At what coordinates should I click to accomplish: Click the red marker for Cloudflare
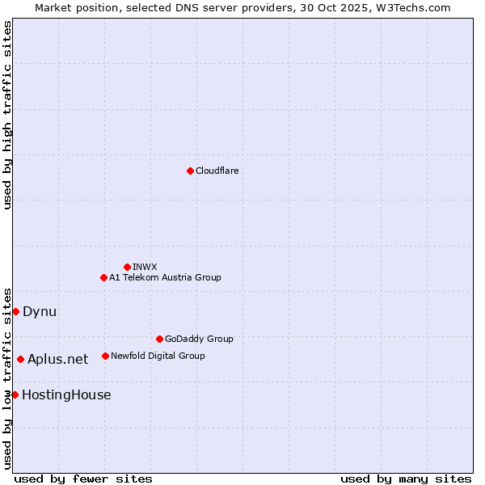coord(190,171)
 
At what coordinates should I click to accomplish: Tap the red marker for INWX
coord(127,267)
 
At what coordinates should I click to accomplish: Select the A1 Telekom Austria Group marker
coord(103,277)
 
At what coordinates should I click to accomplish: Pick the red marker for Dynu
coord(15,311)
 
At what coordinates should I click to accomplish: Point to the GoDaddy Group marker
coord(159,339)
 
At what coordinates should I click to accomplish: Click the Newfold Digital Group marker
coord(105,356)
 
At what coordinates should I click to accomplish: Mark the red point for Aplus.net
coord(20,359)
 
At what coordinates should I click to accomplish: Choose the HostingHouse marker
coord(15,394)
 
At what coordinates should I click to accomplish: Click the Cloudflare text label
coord(217,171)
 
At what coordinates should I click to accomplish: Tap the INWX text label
coord(145,267)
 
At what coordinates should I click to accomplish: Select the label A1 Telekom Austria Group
coord(165,277)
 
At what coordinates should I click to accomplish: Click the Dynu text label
coord(40,311)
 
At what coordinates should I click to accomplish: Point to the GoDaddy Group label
coord(199,339)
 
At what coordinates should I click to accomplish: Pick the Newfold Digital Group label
coord(158,356)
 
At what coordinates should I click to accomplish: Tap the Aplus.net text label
coord(57,359)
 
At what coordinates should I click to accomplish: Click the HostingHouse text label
coord(66,394)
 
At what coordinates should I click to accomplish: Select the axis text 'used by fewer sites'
coord(83,479)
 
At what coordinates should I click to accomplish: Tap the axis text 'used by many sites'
coord(406,479)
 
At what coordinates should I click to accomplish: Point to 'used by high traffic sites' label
coord(7,115)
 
